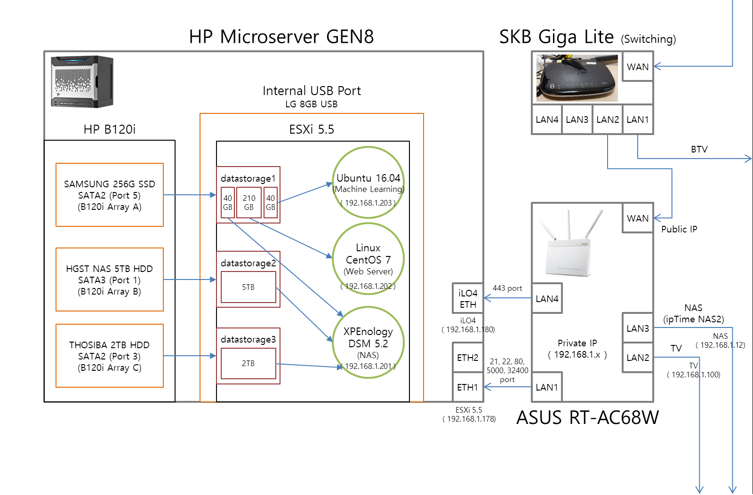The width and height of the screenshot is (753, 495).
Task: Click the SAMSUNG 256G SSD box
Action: pos(110,195)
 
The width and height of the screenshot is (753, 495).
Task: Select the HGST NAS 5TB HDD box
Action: pos(110,279)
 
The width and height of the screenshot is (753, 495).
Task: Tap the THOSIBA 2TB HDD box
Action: pos(110,356)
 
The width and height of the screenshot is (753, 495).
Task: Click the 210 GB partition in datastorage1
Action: pos(249,202)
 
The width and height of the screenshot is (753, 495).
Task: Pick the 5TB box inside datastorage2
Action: pos(248,287)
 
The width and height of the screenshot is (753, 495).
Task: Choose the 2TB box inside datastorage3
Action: pos(248,363)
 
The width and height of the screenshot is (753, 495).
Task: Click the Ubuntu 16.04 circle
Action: pos(368,183)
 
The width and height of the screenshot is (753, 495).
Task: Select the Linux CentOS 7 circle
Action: pos(368,259)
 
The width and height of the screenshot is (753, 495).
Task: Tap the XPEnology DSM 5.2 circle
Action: pos(368,343)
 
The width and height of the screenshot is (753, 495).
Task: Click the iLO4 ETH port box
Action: pos(468,299)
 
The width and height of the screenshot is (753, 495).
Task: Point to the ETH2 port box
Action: pos(468,358)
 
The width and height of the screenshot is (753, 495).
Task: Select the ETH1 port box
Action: pos(468,387)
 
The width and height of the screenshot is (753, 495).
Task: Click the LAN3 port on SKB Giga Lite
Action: pos(577,120)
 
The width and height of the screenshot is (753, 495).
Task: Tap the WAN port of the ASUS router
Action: pos(638,218)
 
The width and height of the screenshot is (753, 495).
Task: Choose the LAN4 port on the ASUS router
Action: pos(547,299)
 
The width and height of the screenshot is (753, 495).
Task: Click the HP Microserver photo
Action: pos(82,82)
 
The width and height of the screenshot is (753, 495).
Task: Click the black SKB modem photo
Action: pos(577,78)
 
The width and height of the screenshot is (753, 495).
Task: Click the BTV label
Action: pos(699,149)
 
